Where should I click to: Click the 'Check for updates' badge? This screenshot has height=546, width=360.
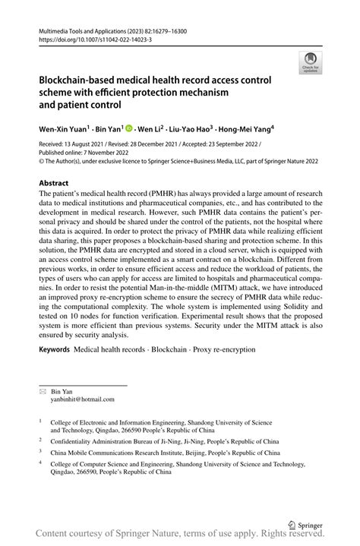click(309, 63)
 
